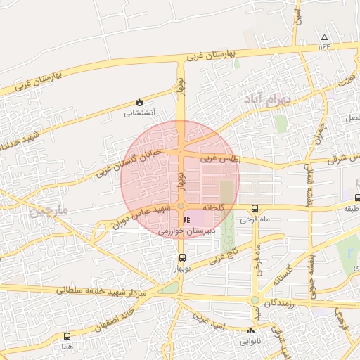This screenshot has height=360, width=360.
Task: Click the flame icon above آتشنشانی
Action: pyautogui.click(x=140, y=102)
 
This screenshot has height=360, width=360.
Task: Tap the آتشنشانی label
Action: pyautogui.click(x=141, y=112)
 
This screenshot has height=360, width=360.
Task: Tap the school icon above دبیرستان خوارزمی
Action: pyautogui.click(x=186, y=219)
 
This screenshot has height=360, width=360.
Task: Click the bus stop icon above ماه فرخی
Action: pyautogui.click(x=255, y=208)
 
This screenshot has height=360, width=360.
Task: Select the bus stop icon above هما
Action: pyautogui.click(x=67, y=336)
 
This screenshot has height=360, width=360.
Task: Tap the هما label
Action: pyautogui.click(x=67, y=347)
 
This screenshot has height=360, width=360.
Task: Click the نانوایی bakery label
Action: pyautogui.click(x=251, y=342)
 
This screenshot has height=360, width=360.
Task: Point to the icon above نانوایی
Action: pyautogui.click(x=251, y=331)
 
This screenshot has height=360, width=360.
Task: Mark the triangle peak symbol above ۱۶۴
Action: pyautogui.click(x=323, y=37)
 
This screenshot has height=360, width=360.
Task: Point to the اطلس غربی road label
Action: pyautogui.click(x=219, y=160)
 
